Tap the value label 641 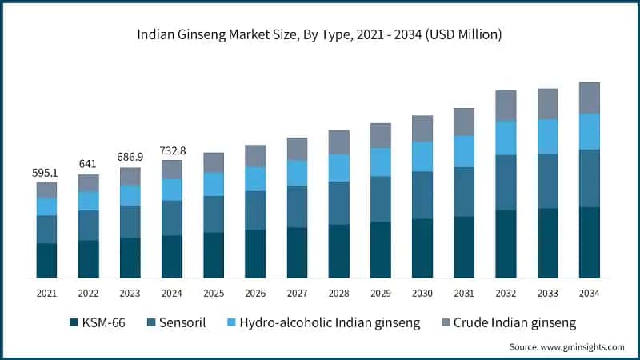click(x=88, y=164)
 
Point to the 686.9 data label click(x=130, y=157)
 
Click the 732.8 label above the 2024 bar click(x=172, y=150)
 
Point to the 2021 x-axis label click(x=46, y=294)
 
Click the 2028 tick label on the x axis click(x=338, y=294)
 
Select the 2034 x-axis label click(x=590, y=294)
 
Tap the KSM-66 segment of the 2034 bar click(x=590, y=242)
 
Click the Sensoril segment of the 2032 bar click(x=506, y=182)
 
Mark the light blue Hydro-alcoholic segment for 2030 click(x=422, y=157)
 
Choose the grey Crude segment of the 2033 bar click(x=547, y=104)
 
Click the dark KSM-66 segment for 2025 click(x=214, y=255)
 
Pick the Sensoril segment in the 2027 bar click(x=297, y=207)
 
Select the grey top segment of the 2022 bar click(x=88, y=183)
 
